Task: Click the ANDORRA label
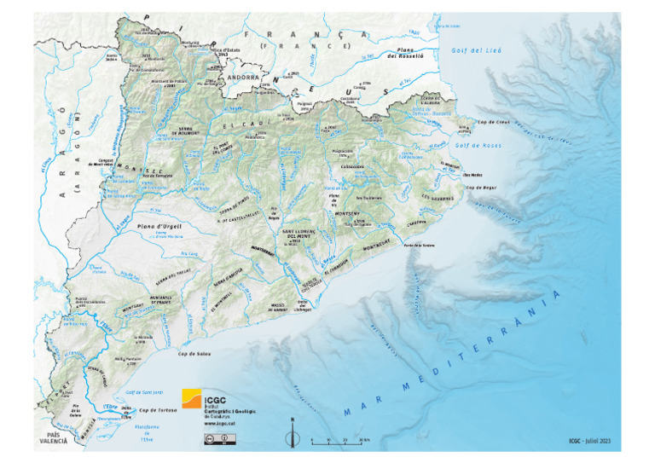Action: (244, 75)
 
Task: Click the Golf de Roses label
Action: (474, 145)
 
